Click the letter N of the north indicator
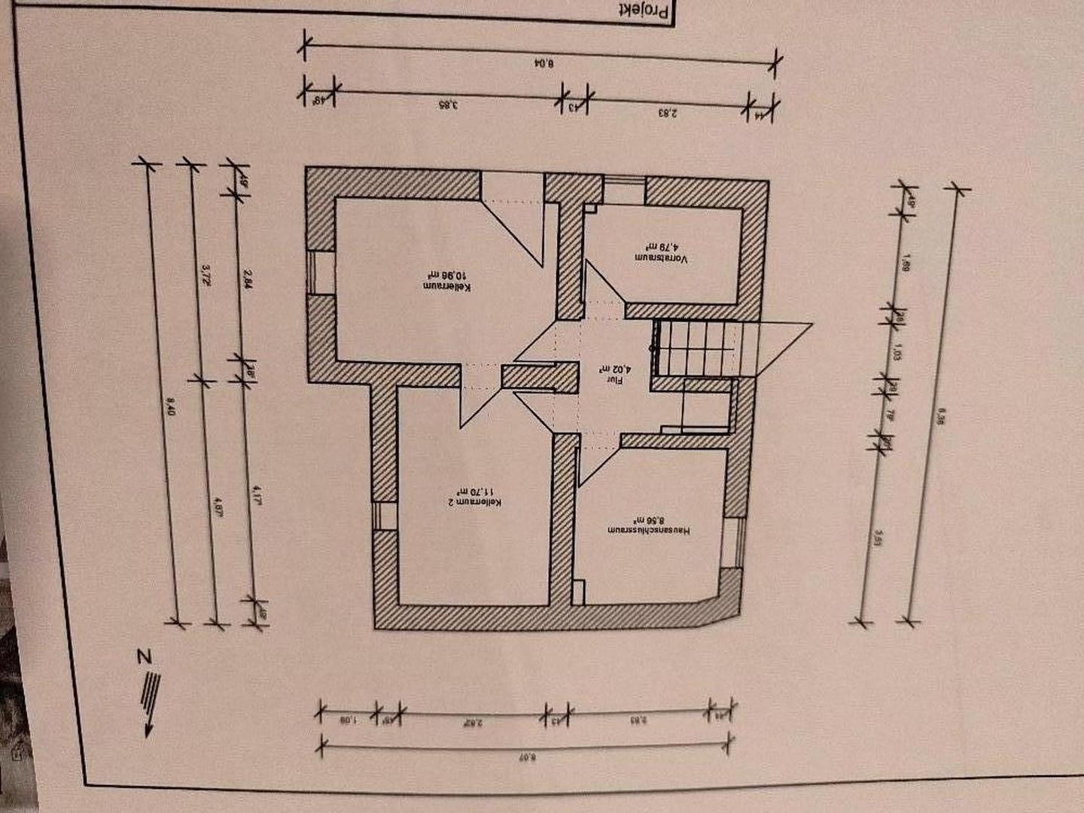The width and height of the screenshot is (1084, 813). (x=143, y=656)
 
